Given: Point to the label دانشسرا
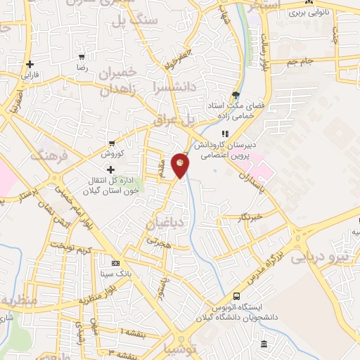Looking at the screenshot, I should pyautogui.click(x=165, y=91).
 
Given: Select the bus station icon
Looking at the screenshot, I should pyautogui.click(x=236, y=296).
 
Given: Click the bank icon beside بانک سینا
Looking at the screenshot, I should pyautogui.click(x=116, y=262).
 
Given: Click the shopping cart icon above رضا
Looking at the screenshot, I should pyautogui.click(x=83, y=56).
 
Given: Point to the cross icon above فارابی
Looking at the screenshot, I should pyautogui.click(x=30, y=64).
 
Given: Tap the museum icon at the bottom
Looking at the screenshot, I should pyautogui.click(x=264, y=344).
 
